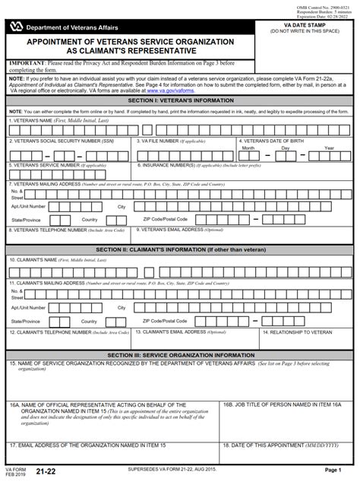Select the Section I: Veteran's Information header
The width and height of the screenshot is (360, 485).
tap(180, 100)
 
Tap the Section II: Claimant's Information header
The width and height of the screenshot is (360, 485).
tap(180, 249)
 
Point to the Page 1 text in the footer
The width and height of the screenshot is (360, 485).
tap(333, 471)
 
